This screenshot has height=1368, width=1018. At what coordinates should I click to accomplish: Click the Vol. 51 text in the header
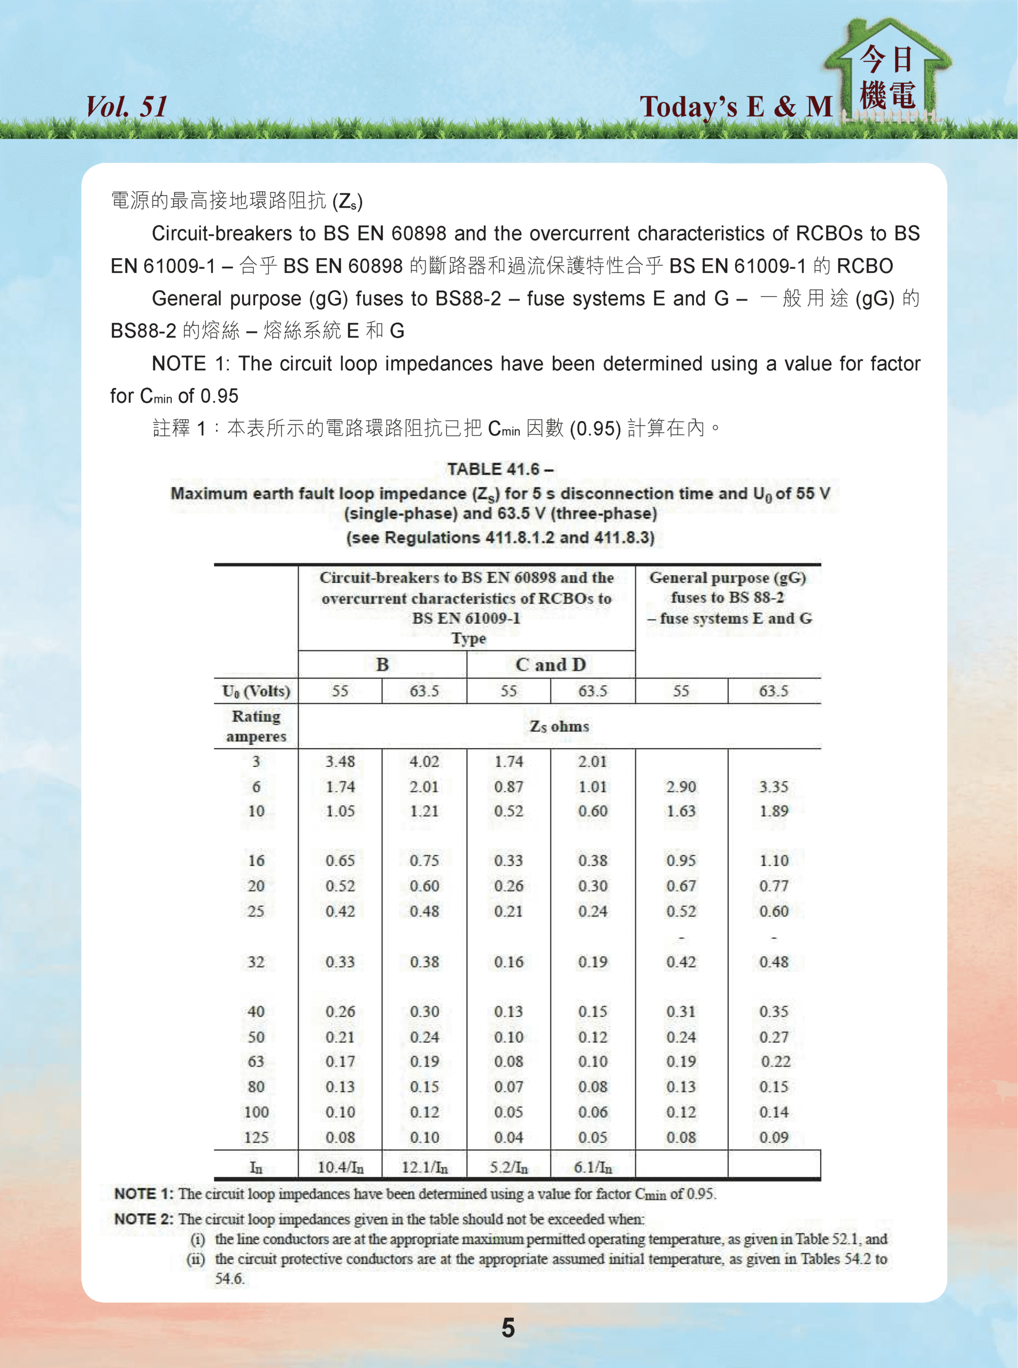tap(126, 106)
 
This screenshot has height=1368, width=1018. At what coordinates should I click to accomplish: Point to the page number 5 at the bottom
tap(508, 1327)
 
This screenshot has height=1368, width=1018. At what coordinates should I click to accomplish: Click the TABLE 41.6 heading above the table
tap(500, 469)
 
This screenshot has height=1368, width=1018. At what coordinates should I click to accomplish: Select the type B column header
tap(382, 665)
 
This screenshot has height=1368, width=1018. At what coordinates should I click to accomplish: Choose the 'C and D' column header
tap(550, 665)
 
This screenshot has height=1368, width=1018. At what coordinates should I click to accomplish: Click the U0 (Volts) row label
tap(256, 691)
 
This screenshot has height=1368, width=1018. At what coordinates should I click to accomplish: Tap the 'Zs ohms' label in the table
tap(559, 727)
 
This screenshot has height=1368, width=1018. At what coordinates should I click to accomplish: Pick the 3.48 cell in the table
tap(340, 761)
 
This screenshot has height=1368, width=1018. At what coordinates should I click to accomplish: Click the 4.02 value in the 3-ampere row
tap(425, 761)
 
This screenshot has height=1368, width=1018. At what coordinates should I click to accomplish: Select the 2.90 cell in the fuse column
tap(681, 787)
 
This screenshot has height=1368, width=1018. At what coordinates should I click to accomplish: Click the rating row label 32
tap(256, 962)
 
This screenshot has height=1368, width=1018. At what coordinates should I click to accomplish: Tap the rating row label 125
tap(256, 1138)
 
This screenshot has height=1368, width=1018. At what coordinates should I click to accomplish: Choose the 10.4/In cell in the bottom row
tap(340, 1167)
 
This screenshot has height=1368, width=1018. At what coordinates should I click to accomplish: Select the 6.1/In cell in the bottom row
tap(593, 1167)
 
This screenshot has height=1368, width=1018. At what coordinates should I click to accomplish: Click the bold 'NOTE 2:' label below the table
tap(144, 1219)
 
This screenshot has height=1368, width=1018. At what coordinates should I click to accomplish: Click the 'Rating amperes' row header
tap(256, 726)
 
